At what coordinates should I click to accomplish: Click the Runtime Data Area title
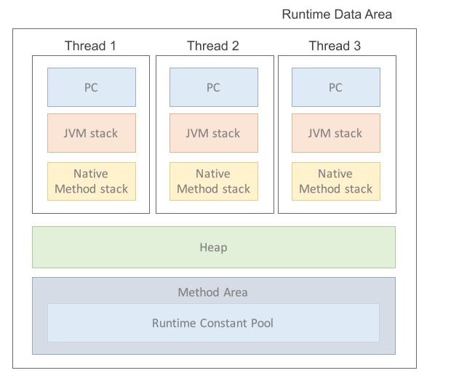tap(337, 15)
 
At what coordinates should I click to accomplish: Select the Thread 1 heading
tap(90, 46)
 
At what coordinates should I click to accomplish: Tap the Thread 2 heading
tap(212, 46)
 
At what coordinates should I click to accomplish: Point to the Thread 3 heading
tap(335, 46)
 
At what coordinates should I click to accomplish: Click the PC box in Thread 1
tap(91, 87)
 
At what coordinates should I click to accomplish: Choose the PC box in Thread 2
tap(213, 87)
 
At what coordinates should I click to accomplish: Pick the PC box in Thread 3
tap(335, 87)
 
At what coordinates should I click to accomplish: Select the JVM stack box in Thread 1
tap(91, 133)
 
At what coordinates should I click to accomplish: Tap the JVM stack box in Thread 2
tap(213, 133)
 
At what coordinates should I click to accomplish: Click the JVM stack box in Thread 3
tap(335, 133)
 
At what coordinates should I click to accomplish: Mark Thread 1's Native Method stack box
tap(91, 181)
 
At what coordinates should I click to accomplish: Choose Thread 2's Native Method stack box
tap(213, 181)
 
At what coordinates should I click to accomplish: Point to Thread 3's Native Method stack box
tap(335, 181)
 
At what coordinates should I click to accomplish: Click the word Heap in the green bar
tap(213, 247)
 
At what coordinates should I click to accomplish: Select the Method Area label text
tap(213, 292)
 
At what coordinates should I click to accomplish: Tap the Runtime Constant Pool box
tap(213, 323)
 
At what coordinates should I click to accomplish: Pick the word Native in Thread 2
tap(213, 174)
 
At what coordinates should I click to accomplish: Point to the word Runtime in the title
tap(305, 15)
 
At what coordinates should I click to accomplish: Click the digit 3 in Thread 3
tap(356, 46)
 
